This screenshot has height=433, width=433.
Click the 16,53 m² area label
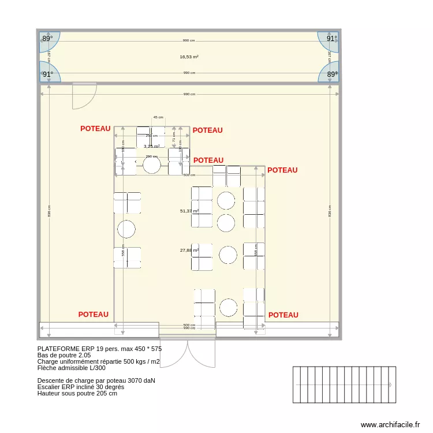tap(189, 57)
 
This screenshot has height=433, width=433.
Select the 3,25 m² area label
tap(152, 147)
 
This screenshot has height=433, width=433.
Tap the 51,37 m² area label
tap(189, 211)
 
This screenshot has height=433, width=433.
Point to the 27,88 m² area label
tap(189, 251)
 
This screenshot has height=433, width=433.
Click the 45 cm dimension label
tap(158, 117)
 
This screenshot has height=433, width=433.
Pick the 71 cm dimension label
tap(174, 136)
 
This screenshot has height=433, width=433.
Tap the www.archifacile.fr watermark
tap(390, 424)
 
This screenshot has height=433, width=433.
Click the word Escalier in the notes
tap(50, 387)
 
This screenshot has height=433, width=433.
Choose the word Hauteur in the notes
tap(50, 393)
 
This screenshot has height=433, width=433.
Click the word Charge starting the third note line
tap(48, 362)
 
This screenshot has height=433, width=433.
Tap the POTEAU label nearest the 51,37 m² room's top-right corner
tap(282, 170)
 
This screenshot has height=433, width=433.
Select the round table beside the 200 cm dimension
tap(152, 166)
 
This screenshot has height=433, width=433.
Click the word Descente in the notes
tap(52, 380)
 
